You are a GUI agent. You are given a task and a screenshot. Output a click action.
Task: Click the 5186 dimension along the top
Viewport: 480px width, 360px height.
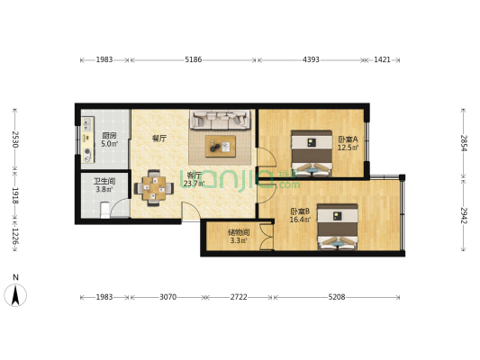(193, 59)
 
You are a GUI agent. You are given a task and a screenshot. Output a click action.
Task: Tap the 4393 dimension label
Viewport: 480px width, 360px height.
(311, 59)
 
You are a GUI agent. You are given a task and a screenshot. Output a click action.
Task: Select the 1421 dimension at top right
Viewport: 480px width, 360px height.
(382, 59)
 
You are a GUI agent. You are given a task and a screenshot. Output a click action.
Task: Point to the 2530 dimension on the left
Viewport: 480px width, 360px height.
(15, 139)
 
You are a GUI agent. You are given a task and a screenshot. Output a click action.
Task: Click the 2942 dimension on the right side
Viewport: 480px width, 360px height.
(464, 215)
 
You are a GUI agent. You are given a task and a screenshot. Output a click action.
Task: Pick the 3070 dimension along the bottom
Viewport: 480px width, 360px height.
(168, 297)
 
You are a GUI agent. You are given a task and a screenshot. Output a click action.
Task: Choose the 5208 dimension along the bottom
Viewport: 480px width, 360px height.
(337, 297)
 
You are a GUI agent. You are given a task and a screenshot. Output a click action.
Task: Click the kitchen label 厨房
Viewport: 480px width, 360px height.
(109, 136)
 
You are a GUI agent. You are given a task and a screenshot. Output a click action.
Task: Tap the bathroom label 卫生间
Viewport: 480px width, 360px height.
(104, 182)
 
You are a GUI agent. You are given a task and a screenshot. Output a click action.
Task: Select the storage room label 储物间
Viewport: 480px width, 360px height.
(239, 232)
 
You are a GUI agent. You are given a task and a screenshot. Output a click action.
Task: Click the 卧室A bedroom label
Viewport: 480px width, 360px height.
(348, 139)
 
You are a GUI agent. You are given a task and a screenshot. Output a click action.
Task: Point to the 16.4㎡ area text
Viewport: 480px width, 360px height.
(300, 220)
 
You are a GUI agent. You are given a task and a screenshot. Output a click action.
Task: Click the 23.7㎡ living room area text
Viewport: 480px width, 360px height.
(195, 184)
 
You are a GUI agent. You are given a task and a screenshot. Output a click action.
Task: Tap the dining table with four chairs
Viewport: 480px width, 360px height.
(154, 188)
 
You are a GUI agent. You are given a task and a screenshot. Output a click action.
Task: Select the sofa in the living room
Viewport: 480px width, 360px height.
(220, 120)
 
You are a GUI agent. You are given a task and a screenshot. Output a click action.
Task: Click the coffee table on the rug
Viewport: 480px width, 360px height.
(221, 146)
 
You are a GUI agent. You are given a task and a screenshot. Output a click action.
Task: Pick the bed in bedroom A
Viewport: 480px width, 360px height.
(312, 153)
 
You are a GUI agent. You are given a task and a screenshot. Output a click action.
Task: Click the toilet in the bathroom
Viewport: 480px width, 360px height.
(105, 210)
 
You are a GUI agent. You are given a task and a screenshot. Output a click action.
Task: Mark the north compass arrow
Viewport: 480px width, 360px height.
(15, 295)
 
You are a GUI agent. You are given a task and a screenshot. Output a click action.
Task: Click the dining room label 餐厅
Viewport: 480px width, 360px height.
(159, 139)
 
